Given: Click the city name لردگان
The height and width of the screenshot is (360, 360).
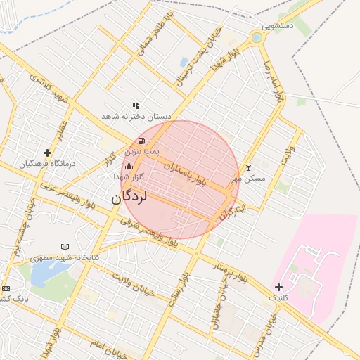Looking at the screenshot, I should [129, 198].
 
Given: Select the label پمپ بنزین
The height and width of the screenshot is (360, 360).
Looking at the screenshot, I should [143, 151].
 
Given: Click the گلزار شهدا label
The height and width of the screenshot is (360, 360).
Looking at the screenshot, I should [129, 177].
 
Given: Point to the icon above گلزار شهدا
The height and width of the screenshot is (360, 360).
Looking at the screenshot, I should [128, 167].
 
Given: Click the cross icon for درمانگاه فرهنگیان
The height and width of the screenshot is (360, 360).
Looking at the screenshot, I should [48, 153].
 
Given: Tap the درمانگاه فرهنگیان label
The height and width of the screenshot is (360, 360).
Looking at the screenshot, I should [47, 164].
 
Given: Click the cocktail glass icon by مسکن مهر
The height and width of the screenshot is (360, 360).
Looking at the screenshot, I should [247, 167].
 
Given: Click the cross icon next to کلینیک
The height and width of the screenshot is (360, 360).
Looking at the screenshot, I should [278, 287].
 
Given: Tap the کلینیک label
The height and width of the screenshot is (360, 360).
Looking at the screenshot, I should [283, 298].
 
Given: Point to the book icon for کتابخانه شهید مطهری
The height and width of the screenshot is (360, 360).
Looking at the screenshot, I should [65, 247].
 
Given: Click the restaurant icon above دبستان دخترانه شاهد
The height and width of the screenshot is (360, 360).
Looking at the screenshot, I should [136, 105].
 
